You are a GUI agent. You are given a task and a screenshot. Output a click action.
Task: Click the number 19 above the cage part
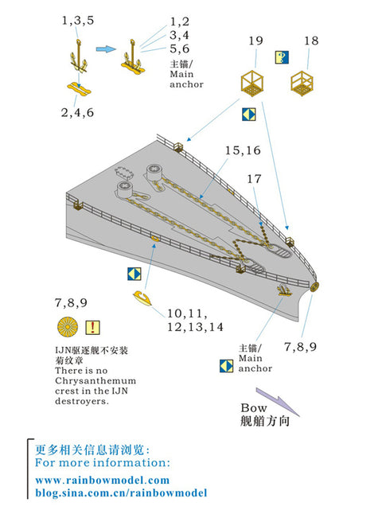[255, 41]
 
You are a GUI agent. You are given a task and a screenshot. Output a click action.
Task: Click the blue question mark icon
[281, 56]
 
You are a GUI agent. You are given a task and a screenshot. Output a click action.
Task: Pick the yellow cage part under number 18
[302, 82]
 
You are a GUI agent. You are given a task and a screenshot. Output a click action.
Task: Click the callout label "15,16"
[243, 150]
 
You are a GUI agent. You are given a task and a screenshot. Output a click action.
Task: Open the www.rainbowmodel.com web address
[103, 480]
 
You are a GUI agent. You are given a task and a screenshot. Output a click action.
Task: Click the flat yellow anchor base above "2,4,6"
[76, 85]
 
